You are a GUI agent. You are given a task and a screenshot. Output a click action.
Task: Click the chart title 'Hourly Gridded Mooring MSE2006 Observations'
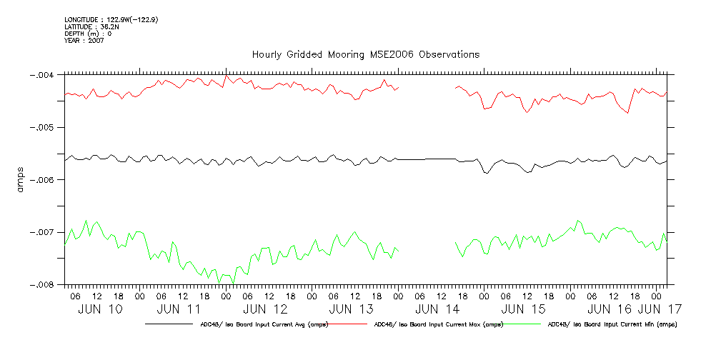(x=365, y=55)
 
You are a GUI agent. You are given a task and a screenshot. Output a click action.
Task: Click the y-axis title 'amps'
(x=21, y=179)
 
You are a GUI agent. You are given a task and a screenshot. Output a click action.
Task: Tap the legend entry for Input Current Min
(x=612, y=324)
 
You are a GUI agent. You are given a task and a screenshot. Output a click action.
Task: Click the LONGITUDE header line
(x=111, y=19)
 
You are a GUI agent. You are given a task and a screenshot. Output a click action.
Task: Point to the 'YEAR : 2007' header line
(x=84, y=41)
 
